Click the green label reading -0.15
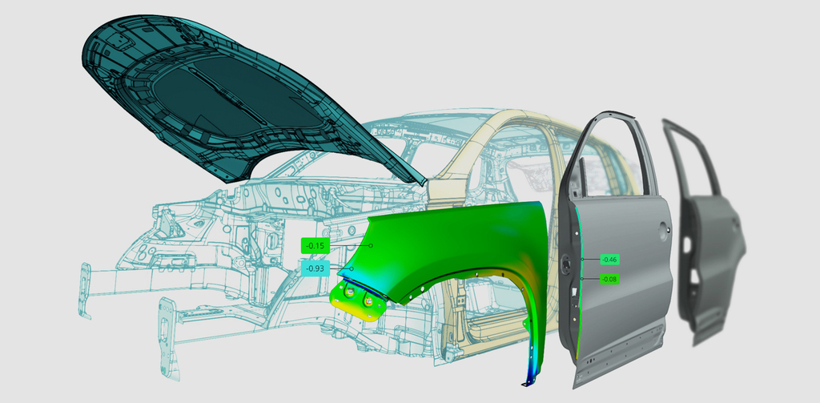(316, 245)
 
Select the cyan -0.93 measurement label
(316, 268)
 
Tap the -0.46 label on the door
(609, 259)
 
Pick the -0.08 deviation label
(609, 280)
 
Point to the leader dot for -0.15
(371, 245)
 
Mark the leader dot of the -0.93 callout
(352, 268)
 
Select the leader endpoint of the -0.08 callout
(582, 280)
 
